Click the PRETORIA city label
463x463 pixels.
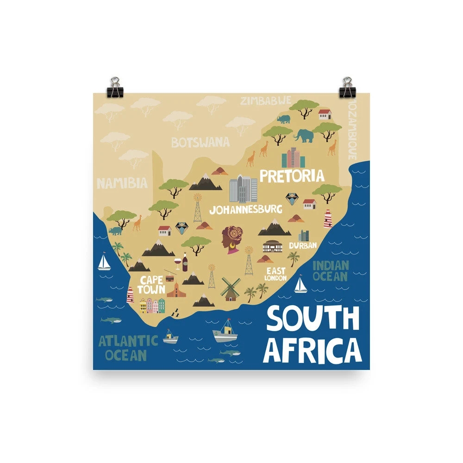tap(292, 175)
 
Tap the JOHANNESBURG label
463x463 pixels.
tap(245, 209)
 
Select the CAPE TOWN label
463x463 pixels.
tap(152, 285)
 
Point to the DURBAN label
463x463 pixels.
tap(303, 245)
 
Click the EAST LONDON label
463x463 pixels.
tap(275, 274)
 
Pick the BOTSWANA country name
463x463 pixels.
tap(200, 142)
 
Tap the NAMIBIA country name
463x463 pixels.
tap(122, 183)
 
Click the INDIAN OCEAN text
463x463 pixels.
tap(330, 271)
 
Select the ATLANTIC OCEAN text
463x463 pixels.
tap(128, 348)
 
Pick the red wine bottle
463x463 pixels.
tap(185, 263)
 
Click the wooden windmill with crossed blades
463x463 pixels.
tap(228, 289)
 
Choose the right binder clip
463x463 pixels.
tap(347, 88)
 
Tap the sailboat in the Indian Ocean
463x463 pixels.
tap(301, 285)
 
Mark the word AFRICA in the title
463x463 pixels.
tap(313, 350)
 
